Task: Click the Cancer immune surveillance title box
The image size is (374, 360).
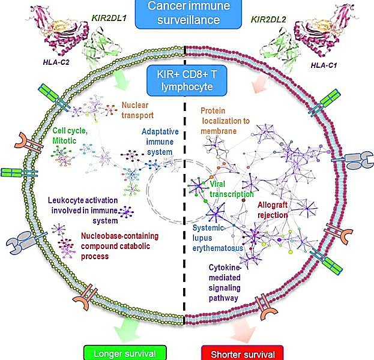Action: [186, 13]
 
